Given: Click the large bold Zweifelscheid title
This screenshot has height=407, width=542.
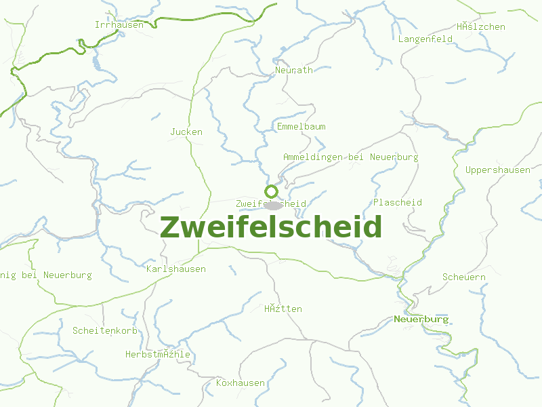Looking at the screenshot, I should click(271, 227).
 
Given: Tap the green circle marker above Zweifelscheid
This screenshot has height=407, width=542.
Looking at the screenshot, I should click(272, 191).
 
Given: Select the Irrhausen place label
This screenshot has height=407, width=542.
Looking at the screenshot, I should click(119, 25).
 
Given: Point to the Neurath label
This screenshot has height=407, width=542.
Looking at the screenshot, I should click(294, 70).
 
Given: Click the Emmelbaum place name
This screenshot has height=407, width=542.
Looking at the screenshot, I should click(301, 127).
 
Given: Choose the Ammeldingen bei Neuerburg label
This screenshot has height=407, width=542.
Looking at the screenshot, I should click(350, 157).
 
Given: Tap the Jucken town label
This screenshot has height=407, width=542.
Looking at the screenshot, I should click(186, 132).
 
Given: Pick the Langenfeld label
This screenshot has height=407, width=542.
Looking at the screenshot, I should click(425, 39).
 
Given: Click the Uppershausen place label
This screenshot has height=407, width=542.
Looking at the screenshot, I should click(498, 170).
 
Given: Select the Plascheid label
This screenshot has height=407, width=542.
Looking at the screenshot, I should click(398, 203).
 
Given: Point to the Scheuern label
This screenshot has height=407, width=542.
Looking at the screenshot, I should click(464, 277).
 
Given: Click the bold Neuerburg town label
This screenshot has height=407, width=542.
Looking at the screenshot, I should click(421, 319).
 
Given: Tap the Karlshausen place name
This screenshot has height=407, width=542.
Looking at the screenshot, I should click(176, 269).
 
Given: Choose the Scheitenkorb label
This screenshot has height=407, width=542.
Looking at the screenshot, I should click(105, 331).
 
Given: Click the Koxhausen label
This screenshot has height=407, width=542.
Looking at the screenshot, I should click(241, 383).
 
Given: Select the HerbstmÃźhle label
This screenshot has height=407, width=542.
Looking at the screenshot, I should click(158, 355).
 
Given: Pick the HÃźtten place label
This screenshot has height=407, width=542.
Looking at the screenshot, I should click(283, 309).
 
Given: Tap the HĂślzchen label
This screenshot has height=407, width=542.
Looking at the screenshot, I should click(481, 27).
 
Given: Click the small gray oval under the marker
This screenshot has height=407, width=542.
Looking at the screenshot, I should click(274, 205).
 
